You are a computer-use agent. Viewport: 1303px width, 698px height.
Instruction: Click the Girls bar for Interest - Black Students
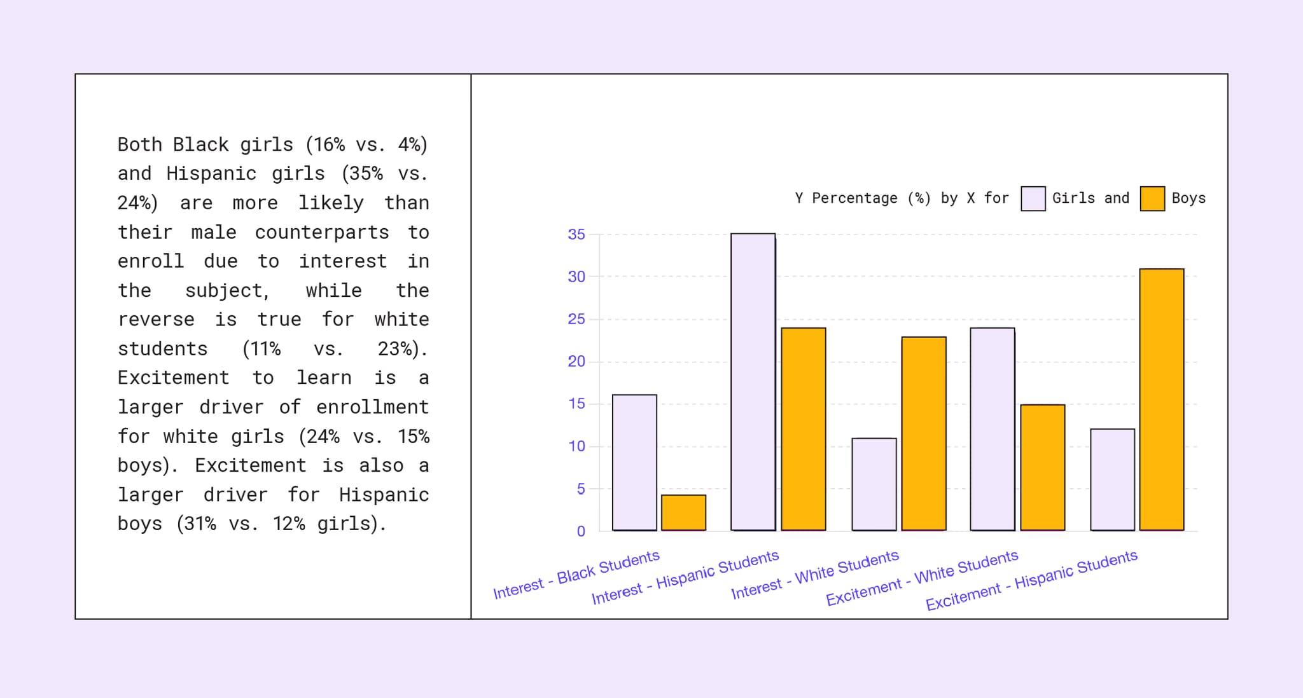click(634, 463)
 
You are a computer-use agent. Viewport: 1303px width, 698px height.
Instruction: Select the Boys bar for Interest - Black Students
click(683, 512)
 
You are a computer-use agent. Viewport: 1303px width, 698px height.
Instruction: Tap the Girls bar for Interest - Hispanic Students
click(753, 382)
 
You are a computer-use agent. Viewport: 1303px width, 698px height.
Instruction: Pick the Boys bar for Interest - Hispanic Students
click(803, 429)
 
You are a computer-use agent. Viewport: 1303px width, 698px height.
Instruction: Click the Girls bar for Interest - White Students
click(874, 484)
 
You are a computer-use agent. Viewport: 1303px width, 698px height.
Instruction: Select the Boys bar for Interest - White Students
click(923, 434)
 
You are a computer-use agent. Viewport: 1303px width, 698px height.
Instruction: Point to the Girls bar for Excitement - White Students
click(992, 429)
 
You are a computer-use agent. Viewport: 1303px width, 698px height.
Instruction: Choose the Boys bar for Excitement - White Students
click(1042, 467)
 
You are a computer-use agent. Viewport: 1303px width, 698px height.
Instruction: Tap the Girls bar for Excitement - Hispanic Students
click(1112, 480)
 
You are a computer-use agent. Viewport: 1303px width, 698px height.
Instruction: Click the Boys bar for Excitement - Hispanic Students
click(1161, 399)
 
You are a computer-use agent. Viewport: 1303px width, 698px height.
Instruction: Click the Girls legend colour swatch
click(1033, 198)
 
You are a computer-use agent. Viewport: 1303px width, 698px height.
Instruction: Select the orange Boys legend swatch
click(1152, 198)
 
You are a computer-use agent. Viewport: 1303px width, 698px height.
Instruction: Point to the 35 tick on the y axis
click(576, 235)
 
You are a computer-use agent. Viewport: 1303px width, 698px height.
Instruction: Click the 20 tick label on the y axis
click(576, 362)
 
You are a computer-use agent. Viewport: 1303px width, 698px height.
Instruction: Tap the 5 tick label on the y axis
click(580, 489)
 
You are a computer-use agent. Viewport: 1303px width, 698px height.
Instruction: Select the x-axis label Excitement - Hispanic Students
click(1031, 581)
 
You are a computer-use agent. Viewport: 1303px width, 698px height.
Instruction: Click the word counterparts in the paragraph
click(321, 233)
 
